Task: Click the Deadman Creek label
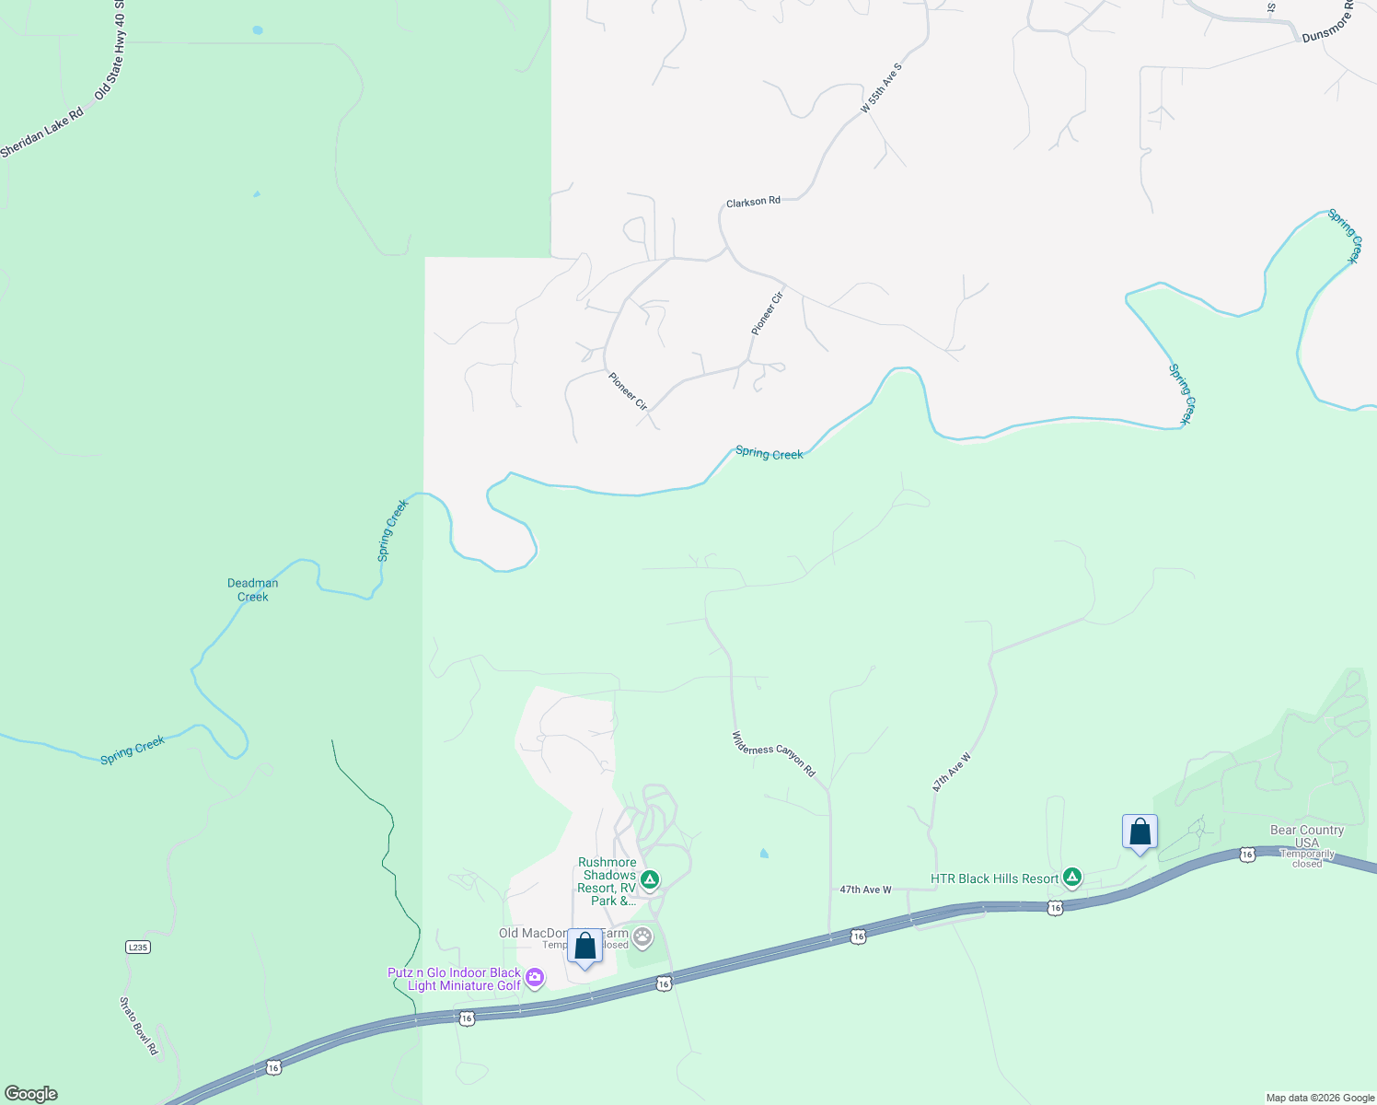(x=253, y=590)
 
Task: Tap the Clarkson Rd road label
(x=753, y=202)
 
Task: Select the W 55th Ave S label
(x=882, y=88)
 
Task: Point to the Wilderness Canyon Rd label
(x=773, y=753)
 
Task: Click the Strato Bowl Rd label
(x=139, y=1026)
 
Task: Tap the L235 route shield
(x=137, y=947)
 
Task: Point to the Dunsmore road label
(x=1328, y=25)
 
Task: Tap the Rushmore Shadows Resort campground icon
(x=650, y=880)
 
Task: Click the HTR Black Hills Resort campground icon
(x=1071, y=878)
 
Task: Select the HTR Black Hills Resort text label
(x=994, y=878)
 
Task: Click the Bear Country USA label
(x=1307, y=836)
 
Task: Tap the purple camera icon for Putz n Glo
(x=535, y=976)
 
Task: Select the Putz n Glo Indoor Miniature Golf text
(x=455, y=979)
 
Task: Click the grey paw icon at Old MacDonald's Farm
(x=642, y=937)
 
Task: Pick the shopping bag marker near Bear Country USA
(x=1140, y=832)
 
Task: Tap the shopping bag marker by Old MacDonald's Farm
(x=584, y=947)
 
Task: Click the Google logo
(x=30, y=1094)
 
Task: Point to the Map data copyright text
(x=1320, y=1098)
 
